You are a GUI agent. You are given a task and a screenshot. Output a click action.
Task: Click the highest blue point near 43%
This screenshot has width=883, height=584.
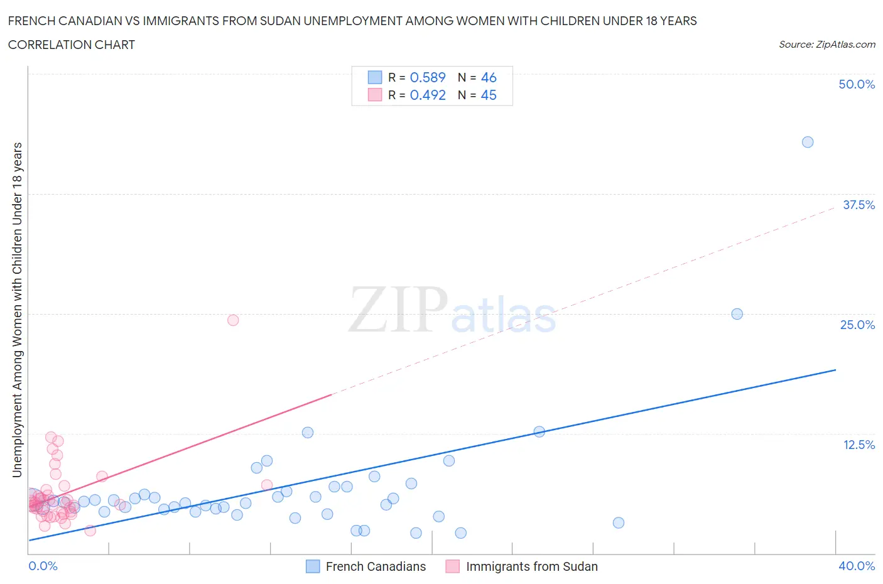[x=808, y=142]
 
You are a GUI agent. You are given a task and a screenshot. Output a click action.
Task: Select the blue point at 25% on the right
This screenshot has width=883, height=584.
[x=737, y=314]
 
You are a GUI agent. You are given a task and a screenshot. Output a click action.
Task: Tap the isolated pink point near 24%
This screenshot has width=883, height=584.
[x=233, y=320]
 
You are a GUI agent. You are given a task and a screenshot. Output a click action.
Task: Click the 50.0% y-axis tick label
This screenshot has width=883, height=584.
[x=857, y=85]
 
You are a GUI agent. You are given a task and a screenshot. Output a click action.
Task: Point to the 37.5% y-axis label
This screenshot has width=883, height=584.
[x=859, y=205]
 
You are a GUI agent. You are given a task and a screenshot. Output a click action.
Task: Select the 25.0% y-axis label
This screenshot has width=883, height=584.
[x=857, y=325]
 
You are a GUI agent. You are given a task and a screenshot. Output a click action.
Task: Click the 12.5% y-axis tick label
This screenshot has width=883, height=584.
[x=859, y=445]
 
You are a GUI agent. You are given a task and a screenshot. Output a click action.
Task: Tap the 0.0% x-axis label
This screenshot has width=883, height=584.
[x=43, y=566]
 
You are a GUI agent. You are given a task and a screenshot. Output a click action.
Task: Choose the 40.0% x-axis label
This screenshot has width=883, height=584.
[x=857, y=566]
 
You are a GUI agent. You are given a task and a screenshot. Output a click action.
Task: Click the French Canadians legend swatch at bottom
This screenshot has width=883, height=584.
[x=313, y=566]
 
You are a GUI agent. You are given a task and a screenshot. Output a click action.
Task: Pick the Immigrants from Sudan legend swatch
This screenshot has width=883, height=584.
[x=452, y=566]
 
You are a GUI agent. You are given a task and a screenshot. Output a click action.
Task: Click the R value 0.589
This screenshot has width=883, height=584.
[x=428, y=77]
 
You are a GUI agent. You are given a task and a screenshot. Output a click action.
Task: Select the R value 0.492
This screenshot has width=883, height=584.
[x=428, y=95]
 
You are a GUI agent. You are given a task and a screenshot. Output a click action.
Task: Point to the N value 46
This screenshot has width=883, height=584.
[x=489, y=77]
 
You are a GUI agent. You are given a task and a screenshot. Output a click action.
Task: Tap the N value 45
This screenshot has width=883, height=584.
[x=489, y=95]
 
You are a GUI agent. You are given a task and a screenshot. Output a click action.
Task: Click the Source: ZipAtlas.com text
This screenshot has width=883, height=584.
[x=827, y=45]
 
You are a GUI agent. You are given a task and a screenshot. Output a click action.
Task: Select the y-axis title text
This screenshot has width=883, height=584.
[x=18, y=310]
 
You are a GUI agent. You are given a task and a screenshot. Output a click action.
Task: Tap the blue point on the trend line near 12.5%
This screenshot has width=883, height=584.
[x=539, y=431]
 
